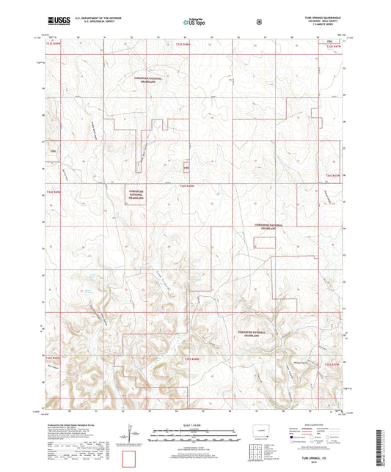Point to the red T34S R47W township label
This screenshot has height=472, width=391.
(333, 176)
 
